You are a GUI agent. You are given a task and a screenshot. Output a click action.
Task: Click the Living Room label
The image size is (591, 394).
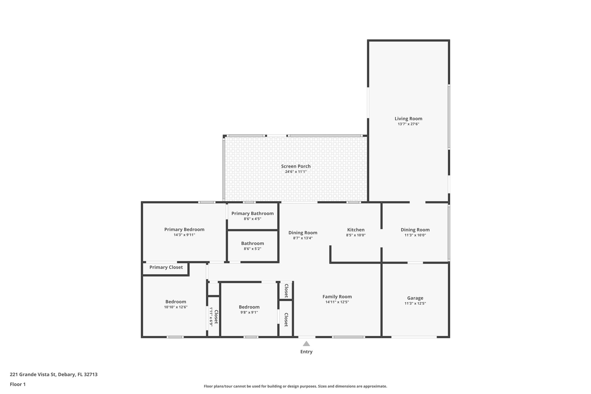pyautogui.click(x=408, y=119)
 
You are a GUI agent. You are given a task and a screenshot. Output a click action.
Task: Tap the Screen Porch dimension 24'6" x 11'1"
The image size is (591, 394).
pyautogui.click(x=296, y=172)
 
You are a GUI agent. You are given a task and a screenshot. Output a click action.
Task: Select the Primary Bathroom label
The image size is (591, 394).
pyautogui.click(x=252, y=214)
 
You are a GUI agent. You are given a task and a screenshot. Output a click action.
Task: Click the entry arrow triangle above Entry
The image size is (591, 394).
pyautogui.click(x=306, y=344)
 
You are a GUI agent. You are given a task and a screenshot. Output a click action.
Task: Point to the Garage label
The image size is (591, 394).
pyautogui.click(x=415, y=298)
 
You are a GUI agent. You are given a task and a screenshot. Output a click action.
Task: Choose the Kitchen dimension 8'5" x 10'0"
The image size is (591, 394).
pyautogui.click(x=356, y=235)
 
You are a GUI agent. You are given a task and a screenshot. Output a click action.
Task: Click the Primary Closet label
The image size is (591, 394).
pyautogui.click(x=166, y=267)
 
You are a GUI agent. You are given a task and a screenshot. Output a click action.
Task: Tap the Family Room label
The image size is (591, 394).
pyautogui.click(x=337, y=297)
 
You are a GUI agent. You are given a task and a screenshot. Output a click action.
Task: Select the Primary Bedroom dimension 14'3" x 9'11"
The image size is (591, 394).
pyautogui.click(x=184, y=235)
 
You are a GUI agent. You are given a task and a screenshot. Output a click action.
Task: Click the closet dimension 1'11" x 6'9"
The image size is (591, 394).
pyautogui.click(x=211, y=317)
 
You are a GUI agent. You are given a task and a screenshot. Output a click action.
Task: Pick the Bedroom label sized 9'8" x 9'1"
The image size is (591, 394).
pyautogui.click(x=249, y=307)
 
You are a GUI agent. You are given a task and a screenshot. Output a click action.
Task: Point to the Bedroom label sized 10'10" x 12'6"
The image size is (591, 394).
pyautogui.click(x=175, y=302)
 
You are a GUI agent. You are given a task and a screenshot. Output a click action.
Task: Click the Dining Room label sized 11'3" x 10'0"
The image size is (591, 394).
pyautogui.click(x=415, y=230)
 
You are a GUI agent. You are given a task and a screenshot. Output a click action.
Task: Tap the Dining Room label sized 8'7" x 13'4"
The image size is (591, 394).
pyautogui.click(x=303, y=233)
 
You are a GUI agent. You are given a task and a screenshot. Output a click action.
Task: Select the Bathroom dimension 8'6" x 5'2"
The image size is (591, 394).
pyautogui.click(x=252, y=249)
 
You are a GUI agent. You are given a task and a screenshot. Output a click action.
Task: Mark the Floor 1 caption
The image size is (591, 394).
pyautogui.click(x=18, y=384)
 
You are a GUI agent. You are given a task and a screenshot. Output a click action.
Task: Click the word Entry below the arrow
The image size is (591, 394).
pyautogui.click(x=306, y=352)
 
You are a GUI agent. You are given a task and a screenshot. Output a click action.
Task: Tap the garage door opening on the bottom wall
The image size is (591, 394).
pyautogui.click(x=414, y=337)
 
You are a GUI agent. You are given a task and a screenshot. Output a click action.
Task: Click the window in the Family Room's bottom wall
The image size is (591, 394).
pyautogui.click(x=348, y=337)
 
